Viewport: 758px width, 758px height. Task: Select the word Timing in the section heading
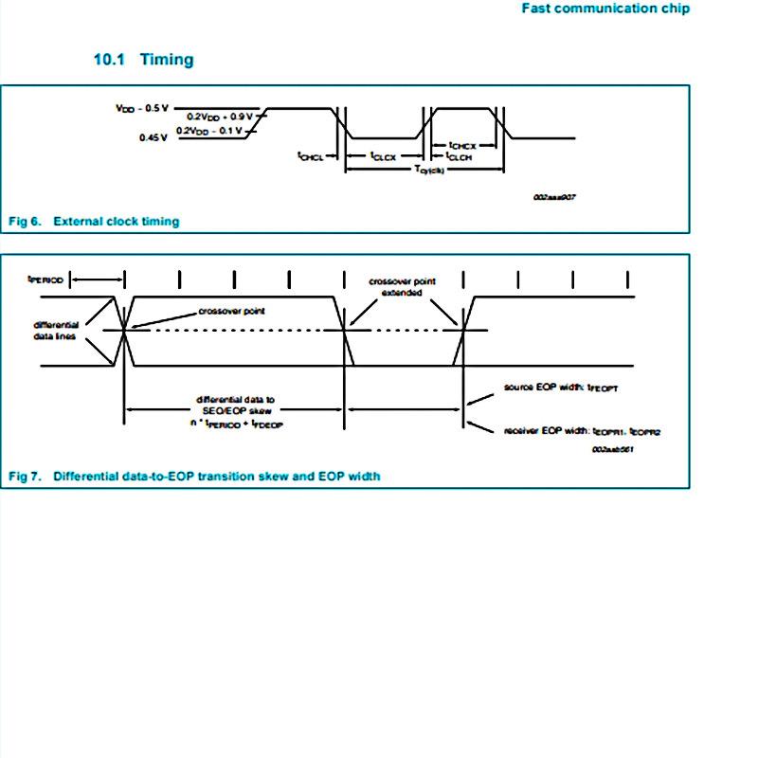167,60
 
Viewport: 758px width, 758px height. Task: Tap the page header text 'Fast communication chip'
606,9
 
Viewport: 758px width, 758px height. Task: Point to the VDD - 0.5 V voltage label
142,108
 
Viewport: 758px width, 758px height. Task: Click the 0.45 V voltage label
153,137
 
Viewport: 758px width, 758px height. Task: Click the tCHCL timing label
310,156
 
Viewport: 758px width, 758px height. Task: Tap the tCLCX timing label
383,156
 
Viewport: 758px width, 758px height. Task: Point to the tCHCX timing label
461,146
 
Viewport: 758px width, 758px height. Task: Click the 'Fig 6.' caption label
26,222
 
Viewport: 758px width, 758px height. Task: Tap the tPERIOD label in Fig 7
45,280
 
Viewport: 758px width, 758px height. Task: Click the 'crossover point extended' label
402,287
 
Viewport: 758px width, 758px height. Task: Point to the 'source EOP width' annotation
562,388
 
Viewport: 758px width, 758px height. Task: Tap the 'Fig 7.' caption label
26,476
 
